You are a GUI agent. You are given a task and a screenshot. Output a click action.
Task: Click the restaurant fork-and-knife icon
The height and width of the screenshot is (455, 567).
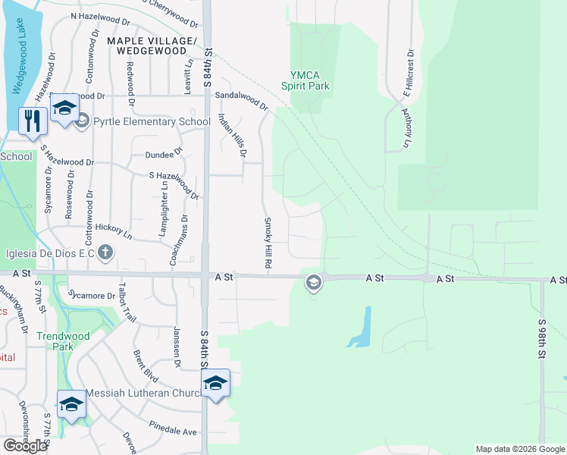[33, 121]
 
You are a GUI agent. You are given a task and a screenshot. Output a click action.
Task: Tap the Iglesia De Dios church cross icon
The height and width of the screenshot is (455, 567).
[105, 253]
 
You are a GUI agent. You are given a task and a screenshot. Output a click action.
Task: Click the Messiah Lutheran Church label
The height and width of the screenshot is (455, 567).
[143, 393]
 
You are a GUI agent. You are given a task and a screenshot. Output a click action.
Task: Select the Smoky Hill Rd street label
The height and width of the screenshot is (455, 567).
[267, 243]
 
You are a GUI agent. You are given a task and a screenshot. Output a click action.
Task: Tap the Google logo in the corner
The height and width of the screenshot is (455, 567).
[26, 446]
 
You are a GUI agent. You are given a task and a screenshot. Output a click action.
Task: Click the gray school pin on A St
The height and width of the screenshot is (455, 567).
[312, 284]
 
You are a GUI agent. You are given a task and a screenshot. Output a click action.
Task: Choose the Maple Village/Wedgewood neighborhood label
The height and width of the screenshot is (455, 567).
[152, 45]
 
